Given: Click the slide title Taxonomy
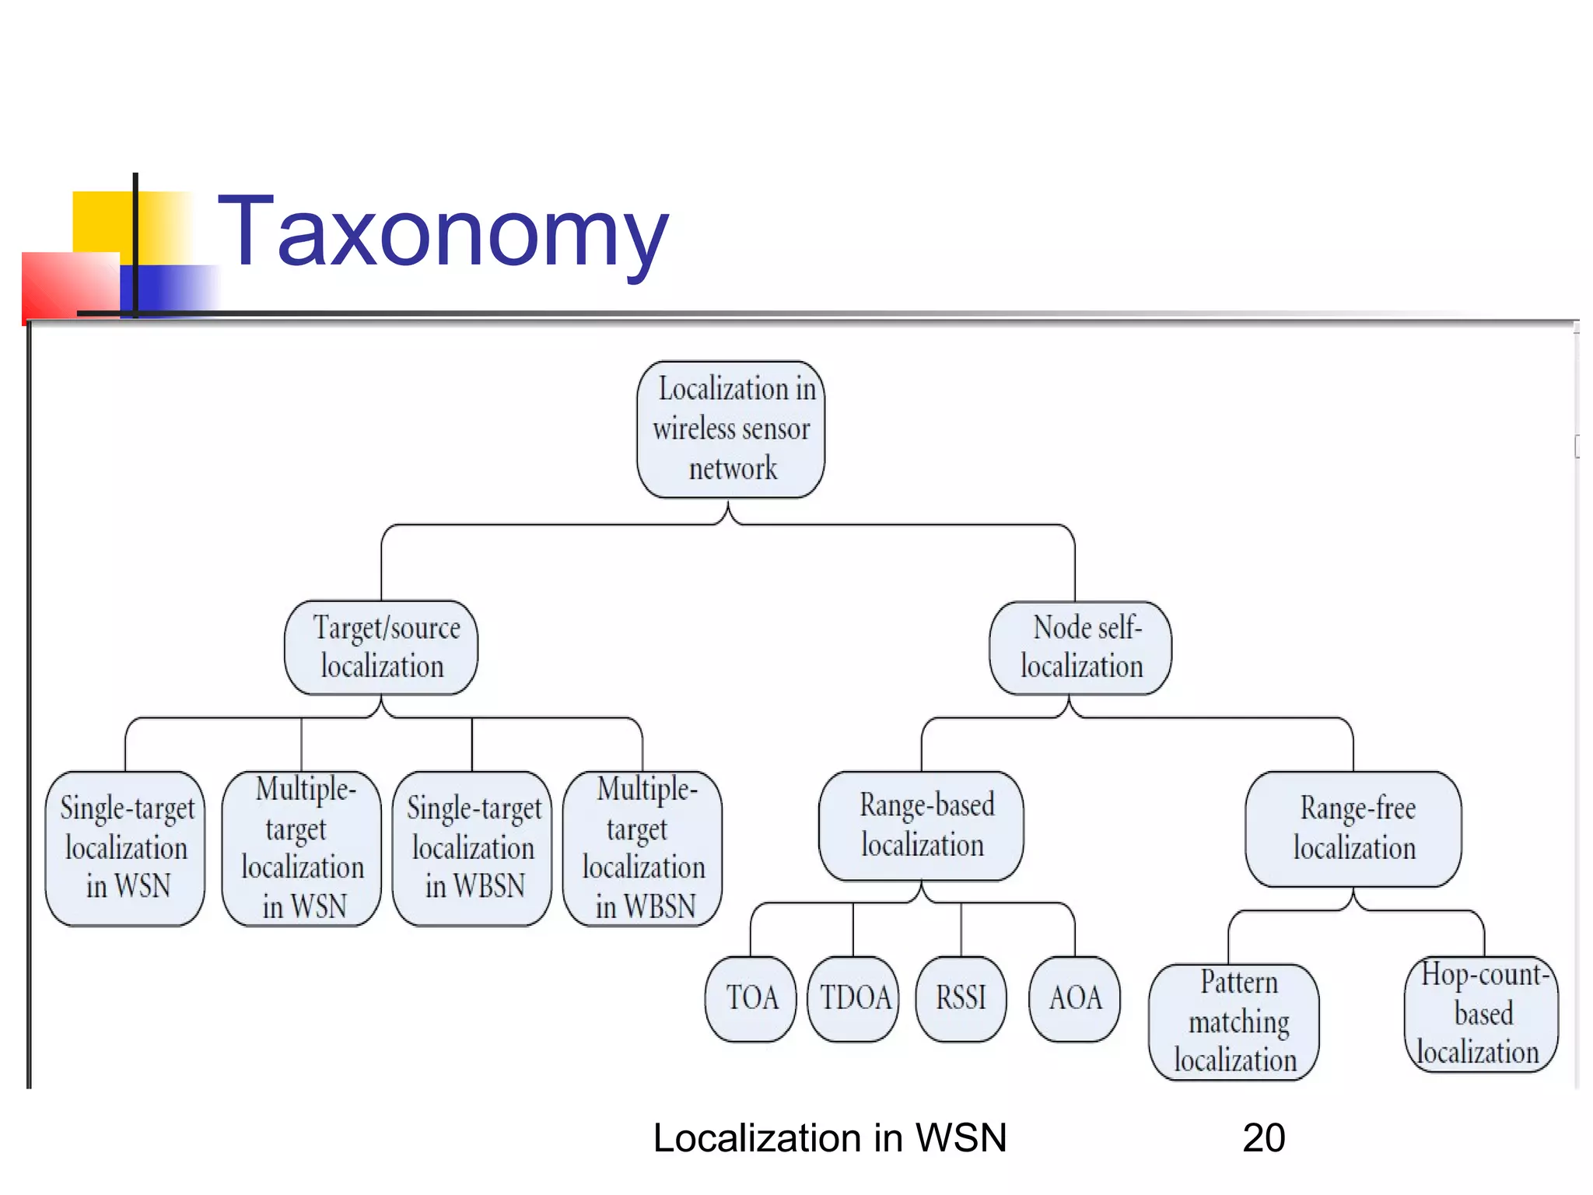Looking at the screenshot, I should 443,232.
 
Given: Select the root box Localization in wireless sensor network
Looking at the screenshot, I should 731,429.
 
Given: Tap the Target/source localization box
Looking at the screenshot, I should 381,647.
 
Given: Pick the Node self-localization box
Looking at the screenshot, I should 1080,647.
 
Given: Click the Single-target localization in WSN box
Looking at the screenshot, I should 125,848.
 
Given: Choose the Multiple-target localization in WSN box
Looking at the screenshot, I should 302,848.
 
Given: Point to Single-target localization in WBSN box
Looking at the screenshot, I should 472,848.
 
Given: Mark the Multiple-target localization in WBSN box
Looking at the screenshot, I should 642,848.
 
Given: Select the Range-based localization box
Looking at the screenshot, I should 922,826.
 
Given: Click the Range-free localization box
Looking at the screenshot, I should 1353,829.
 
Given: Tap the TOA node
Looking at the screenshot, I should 751,998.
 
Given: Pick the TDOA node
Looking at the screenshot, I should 853,998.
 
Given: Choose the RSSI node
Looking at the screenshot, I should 961,998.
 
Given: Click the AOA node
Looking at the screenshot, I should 1075,998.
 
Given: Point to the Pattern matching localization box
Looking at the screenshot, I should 1234,1022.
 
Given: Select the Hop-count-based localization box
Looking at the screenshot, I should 1481,1014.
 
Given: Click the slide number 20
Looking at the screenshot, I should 1264,1138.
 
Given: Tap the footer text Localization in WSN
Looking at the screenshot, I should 830,1138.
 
